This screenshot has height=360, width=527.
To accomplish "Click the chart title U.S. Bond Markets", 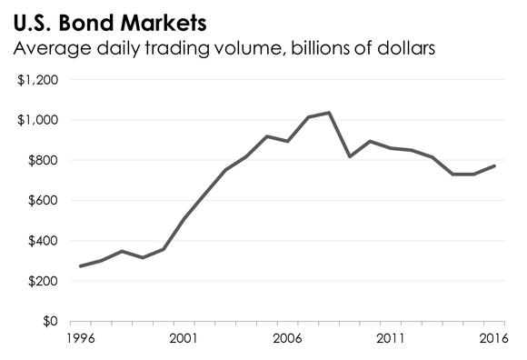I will (107, 19).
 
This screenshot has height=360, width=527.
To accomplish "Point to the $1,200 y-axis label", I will (38, 80).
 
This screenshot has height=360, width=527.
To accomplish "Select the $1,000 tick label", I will (38, 120).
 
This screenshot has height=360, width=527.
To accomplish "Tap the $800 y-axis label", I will (42, 161).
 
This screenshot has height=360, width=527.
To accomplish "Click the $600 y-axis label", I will (42, 201).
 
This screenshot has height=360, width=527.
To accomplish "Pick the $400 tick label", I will (42, 241).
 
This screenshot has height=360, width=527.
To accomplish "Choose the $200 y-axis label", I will (42, 282).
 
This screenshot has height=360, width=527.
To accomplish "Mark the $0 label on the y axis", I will (49, 322).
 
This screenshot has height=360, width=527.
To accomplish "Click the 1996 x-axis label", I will (80, 340).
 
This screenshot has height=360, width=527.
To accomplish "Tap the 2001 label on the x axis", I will (184, 340).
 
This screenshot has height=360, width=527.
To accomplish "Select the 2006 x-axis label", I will (288, 340).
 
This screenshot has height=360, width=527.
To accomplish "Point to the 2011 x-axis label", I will (392, 340).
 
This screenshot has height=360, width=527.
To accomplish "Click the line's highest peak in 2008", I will (329, 113).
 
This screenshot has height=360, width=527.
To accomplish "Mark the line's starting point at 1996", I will (80, 266).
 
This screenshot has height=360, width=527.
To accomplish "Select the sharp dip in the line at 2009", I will (350, 156).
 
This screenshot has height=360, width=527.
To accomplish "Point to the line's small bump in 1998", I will (122, 251).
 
